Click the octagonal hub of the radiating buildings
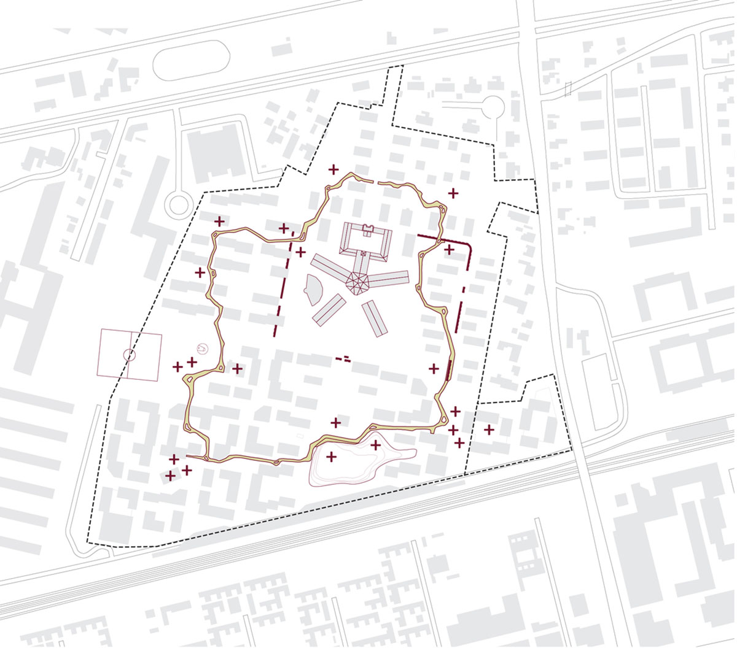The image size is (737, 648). (357, 282)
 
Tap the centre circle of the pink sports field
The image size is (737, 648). (130, 354)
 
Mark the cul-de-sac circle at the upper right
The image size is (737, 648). (492, 107)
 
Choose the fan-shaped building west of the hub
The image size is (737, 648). (313, 290)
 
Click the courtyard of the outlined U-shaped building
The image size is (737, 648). (367, 241)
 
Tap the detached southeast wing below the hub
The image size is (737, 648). (375, 318)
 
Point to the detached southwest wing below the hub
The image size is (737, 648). (329, 309)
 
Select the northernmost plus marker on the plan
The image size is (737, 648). (333, 168)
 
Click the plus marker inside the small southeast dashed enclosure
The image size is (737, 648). (489, 430)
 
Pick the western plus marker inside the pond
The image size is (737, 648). (332, 457)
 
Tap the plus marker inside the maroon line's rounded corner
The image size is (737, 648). (449, 249)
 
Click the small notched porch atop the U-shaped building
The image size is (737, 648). (367, 229)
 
